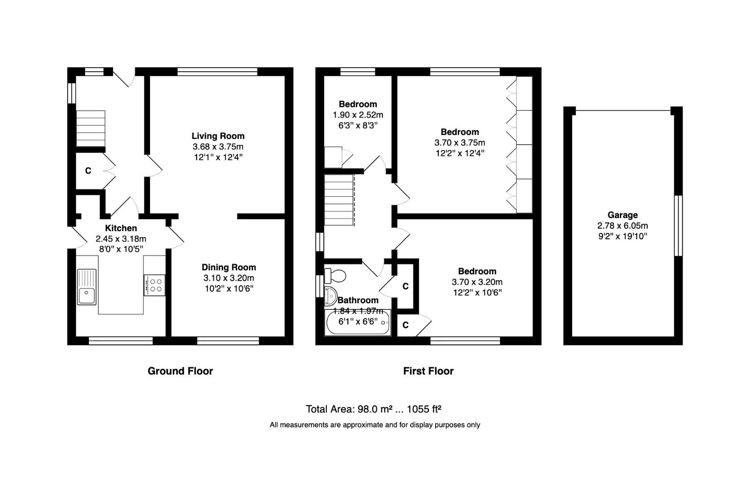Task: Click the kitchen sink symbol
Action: (x=87, y=287)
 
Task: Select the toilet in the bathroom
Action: (x=335, y=276)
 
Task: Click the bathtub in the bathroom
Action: (x=357, y=324)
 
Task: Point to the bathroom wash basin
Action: (x=331, y=296)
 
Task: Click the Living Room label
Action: (x=218, y=136)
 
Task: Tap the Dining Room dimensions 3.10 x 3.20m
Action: (x=229, y=278)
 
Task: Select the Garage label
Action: (x=623, y=215)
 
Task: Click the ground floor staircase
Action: (x=90, y=128)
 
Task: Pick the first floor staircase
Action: (x=338, y=200)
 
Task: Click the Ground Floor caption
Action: (x=180, y=371)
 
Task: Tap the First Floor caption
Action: (x=428, y=371)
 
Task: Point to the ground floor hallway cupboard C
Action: (x=88, y=171)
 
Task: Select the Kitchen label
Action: (x=121, y=228)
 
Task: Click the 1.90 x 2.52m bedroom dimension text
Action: (x=358, y=115)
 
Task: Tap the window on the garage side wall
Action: (x=678, y=225)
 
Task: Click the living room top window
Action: (x=218, y=71)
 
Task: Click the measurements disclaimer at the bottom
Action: (x=375, y=425)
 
